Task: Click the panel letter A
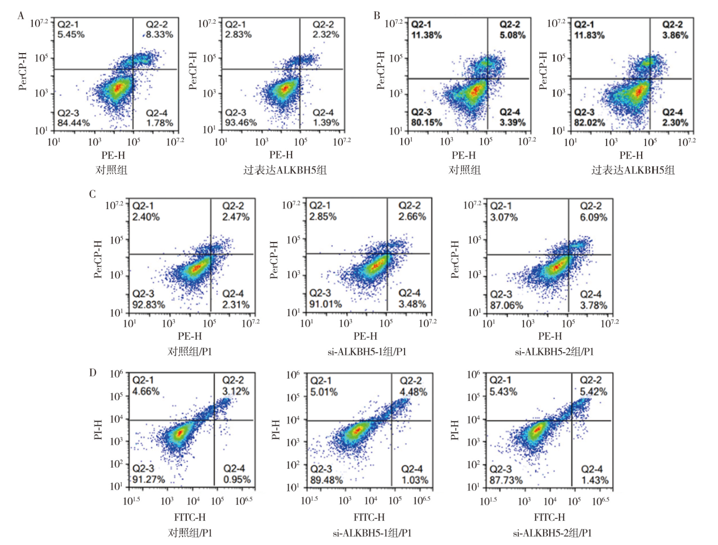pyautogui.click(x=21, y=16)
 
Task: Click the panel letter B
pyautogui.click(x=377, y=16)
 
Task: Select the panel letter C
pyautogui.click(x=92, y=194)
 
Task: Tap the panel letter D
pyautogui.click(x=93, y=373)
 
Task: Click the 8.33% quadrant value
pyautogui.click(x=160, y=34)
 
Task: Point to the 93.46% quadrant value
pyautogui.click(x=241, y=123)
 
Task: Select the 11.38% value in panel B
pyautogui.click(x=427, y=35)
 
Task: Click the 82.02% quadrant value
pyautogui.click(x=590, y=123)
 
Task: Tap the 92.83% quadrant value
pyautogui.click(x=149, y=305)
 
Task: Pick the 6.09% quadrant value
pyautogui.click(x=594, y=217)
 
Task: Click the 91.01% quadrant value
pyautogui.click(x=325, y=304)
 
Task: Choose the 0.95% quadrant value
pyautogui.click(x=237, y=479)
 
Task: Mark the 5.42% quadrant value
pyautogui.click(x=594, y=392)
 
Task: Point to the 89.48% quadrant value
pyautogui.click(x=326, y=480)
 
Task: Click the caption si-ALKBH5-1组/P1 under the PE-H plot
pyautogui.click(x=367, y=352)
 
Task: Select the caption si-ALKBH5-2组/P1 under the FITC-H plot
pyautogui.click(x=552, y=533)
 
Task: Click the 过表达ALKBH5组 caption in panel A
pyautogui.click(x=285, y=170)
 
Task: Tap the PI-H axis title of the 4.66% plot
pyautogui.click(x=98, y=429)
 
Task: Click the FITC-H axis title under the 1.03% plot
pyautogui.click(x=369, y=517)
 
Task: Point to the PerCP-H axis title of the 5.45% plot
pyautogui.click(x=23, y=71)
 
